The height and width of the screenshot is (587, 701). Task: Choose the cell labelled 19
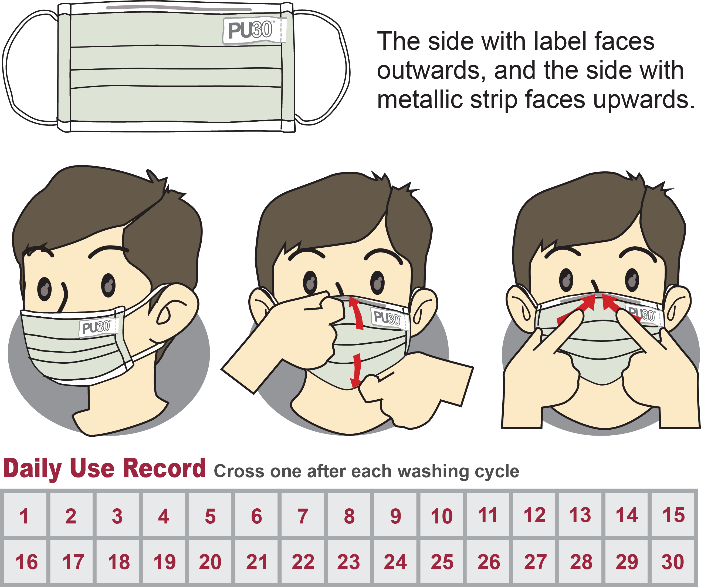[164, 561]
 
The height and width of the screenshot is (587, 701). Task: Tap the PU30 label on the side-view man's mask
[99, 328]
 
